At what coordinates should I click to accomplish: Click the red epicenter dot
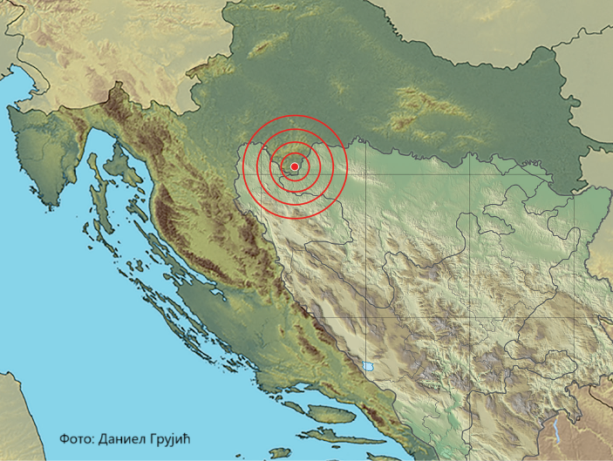[295, 166]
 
